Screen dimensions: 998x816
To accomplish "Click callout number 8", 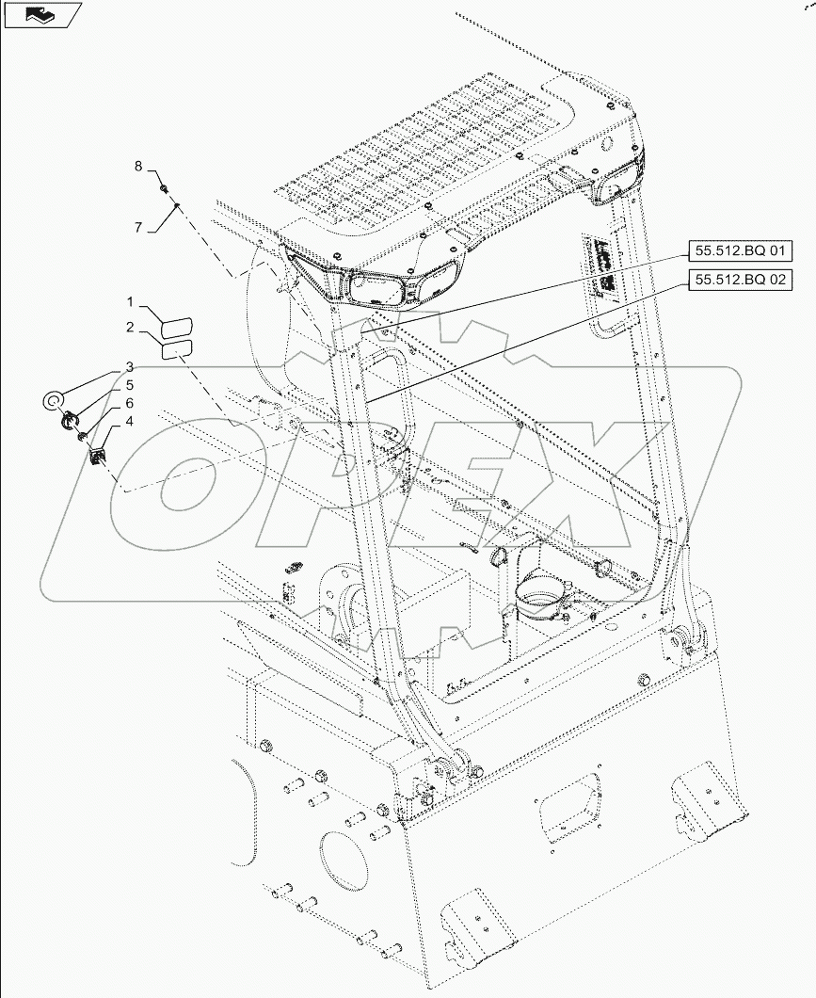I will point(137,167).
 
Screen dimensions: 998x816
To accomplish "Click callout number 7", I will point(137,227).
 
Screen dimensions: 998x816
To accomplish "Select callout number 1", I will point(132,302).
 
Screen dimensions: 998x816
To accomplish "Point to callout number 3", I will point(130,366).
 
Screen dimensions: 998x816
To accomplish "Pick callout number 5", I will point(130,385).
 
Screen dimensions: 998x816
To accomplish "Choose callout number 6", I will point(130,403).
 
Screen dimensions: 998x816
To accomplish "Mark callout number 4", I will point(130,422).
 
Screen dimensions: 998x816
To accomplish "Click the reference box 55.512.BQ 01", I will point(740,251).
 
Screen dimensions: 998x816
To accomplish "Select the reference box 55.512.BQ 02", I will point(740,280).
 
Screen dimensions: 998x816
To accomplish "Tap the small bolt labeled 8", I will point(166,188).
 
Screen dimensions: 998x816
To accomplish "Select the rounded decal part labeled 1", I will point(176,326).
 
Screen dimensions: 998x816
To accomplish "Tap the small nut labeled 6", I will point(85,436).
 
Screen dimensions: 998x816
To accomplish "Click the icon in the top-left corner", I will point(41,14).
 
